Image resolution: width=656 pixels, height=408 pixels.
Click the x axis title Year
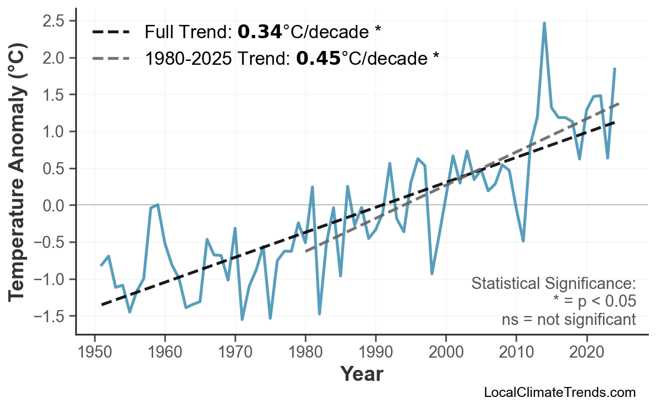click(361, 374)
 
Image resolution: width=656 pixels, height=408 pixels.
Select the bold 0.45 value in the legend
click(319, 58)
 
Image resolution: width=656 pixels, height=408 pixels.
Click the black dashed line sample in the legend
click(111, 32)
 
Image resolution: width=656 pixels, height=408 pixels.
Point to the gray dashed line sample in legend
click(111, 58)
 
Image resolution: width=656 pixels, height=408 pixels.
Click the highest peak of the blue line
click(544, 23)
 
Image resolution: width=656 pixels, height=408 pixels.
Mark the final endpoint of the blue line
click(615, 68)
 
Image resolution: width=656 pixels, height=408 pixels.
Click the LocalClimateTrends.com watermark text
click(559, 393)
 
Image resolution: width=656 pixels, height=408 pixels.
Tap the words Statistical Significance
click(553, 284)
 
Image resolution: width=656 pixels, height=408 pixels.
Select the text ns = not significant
click(569, 319)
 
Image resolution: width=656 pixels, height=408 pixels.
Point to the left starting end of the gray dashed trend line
click(306, 251)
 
